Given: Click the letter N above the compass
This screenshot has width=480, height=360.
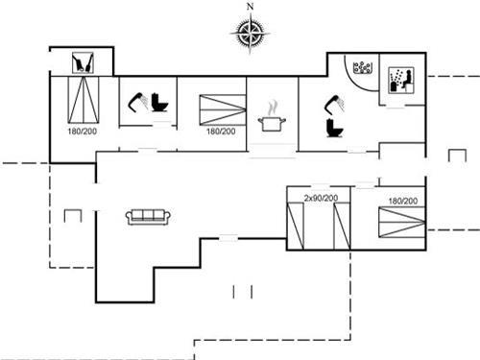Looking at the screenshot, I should [251, 7].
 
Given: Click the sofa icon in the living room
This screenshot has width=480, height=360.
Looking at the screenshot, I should [148, 216].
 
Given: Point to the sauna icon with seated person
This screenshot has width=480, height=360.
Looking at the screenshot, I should [398, 80].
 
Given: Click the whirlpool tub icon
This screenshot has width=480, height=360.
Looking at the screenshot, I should [362, 69].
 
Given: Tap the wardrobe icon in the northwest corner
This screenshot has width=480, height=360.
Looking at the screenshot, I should [84, 63].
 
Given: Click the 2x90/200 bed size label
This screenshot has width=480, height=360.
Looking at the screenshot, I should [321, 198].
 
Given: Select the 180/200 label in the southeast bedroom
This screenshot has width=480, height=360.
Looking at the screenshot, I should [402, 201].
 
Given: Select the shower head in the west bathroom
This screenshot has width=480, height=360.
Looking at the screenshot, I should [136, 98].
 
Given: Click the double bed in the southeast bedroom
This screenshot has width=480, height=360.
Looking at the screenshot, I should [400, 225].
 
